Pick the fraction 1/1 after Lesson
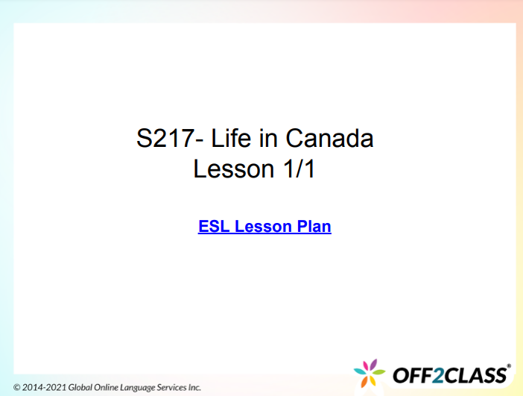[299, 169]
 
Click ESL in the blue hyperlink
[214, 226]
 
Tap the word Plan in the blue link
[314, 226]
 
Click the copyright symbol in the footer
[17, 388]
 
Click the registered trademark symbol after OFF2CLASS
[509, 366]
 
